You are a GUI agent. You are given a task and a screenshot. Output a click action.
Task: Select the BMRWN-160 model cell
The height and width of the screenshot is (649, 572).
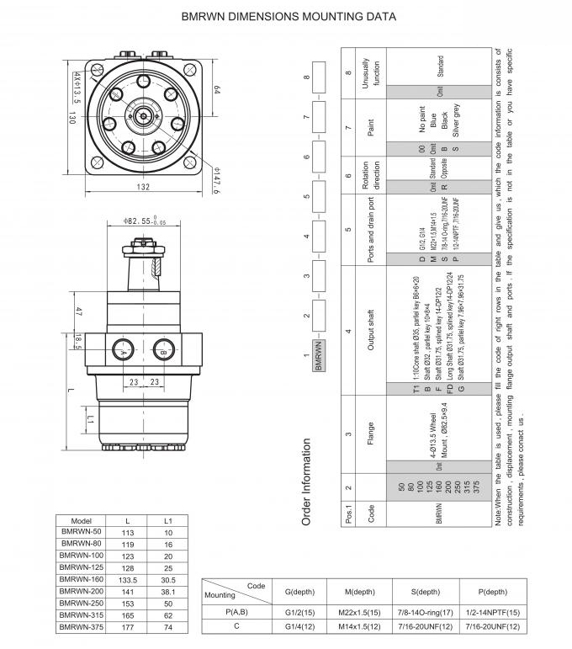(x=82, y=579)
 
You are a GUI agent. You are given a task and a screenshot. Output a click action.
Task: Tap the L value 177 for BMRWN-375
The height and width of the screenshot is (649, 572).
(x=128, y=627)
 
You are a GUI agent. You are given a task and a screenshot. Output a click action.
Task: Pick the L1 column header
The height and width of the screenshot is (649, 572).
(x=169, y=520)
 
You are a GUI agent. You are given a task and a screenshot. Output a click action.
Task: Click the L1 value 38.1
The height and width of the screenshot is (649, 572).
(x=169, y=591)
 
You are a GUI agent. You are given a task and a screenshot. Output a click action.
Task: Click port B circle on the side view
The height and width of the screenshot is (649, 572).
(x=163, y=348)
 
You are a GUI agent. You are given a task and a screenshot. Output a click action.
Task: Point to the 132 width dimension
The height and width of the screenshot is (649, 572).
(x=143, y=187)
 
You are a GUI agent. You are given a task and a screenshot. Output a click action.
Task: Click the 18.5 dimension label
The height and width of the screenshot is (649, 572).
(x=78, y=339)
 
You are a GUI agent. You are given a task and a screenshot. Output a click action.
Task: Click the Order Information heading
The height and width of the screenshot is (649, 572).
(x=308, y=481)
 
